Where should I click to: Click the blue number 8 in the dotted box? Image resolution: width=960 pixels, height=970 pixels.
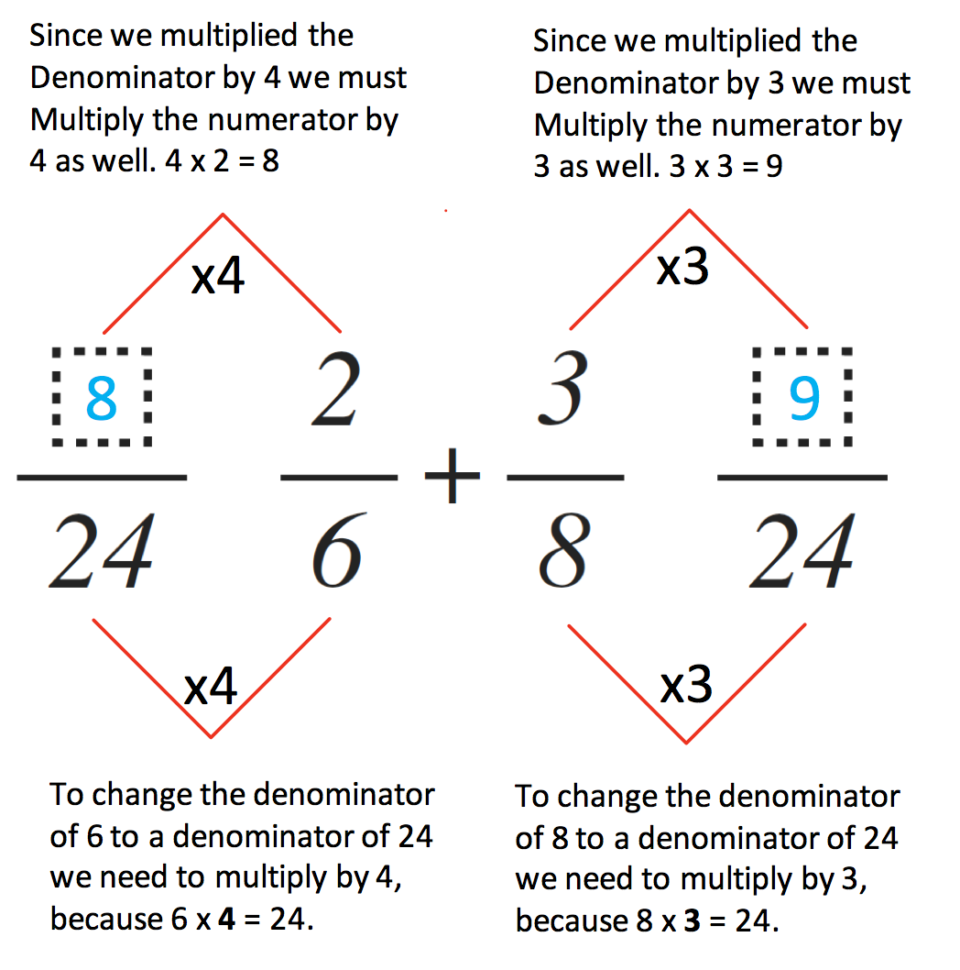[x=102, y=398]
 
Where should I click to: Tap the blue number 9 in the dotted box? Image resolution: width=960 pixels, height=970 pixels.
[x=804, y=398]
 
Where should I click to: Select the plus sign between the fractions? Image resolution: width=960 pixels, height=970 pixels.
[x=453, y=475]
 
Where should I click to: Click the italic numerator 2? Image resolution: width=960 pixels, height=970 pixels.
[x=335, y=389]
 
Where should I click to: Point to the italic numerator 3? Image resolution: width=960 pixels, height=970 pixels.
[x=562, y=389]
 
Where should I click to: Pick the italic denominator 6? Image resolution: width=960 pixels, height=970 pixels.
[x=337, y=550]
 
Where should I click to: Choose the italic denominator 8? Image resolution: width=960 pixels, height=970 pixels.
[x=564, y=550]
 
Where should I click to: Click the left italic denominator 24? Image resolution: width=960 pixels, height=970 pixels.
[x=102, y=550]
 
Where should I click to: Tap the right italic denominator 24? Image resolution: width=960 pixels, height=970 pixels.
[x=802, y=550]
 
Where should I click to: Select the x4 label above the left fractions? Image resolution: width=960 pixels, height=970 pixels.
[x=218, y=276]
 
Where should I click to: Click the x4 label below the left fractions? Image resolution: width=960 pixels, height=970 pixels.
[x=210, y=687]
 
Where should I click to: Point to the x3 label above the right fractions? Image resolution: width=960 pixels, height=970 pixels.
[x=682, y=267]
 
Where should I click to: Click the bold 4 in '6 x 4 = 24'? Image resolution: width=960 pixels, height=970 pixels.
[x=227, y=920]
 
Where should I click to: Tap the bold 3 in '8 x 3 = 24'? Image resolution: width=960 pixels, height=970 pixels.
[x=693, y=921]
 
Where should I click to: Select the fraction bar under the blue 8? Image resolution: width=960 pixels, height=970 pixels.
[x=102, y=478]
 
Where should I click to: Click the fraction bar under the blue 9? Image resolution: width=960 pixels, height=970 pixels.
[x=802, y=478]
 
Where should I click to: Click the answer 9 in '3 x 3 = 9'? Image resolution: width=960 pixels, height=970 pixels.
[x=775, y=167]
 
